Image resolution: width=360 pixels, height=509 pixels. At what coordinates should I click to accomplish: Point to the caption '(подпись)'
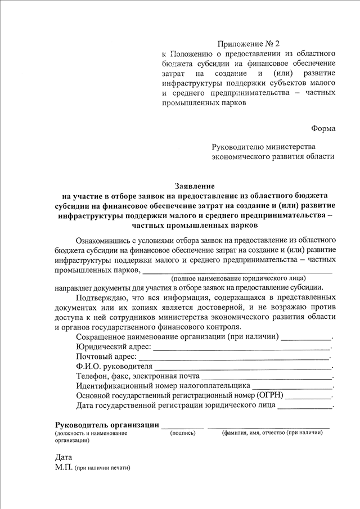click(x=183, y=434)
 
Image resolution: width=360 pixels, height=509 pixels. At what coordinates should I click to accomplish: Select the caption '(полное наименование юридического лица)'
click(x=239, y=278)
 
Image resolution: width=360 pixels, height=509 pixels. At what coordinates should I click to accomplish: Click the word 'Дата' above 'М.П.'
click(x=64, y=457)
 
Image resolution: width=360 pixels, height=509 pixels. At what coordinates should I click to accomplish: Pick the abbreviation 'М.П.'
click(x=64, y=467)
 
